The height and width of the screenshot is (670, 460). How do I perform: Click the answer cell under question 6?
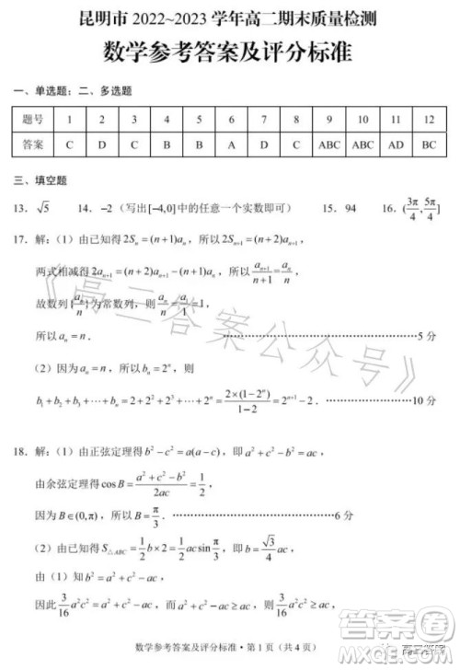(x=231, y=145)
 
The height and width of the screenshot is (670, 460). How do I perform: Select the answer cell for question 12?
(x=428, y=145)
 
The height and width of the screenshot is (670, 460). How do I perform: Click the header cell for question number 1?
(x=70, y=120)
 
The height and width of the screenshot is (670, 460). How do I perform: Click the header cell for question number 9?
(x=328, y=120)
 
